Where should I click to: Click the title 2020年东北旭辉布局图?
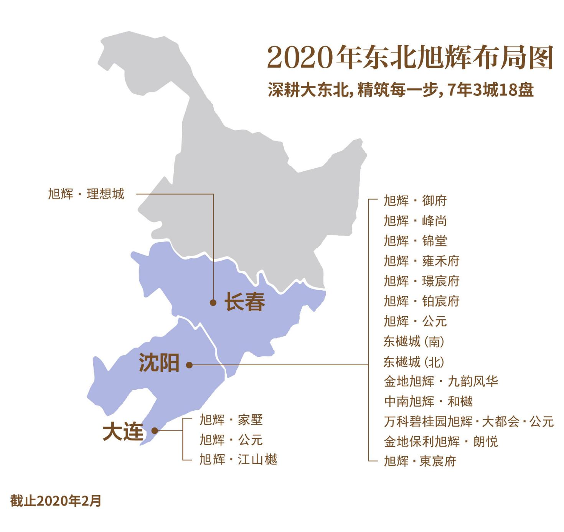[410, 57]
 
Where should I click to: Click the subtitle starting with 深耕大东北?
[401, 90]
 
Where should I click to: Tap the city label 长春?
[245, 302]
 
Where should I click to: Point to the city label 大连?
[123, 432]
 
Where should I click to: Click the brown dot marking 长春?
[213, 302]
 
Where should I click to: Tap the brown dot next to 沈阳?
[189, 365]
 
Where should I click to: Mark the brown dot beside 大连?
[155, 430]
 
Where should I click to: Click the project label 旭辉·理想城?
[86, 194]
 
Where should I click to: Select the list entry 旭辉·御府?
[415, 200]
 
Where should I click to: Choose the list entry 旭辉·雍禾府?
[421, 261]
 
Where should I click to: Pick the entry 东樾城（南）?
[414, 341]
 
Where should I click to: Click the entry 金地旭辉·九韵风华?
[440, 381]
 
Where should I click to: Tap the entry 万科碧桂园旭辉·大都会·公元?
[468, 422]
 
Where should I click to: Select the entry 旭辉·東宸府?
[420, 461]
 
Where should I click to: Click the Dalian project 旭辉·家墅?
[231, 420]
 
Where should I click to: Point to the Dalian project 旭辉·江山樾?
[238, 459]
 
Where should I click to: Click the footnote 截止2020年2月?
[56, 501]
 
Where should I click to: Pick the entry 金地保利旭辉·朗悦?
[440, 442]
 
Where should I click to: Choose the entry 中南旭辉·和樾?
[428, 401]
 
